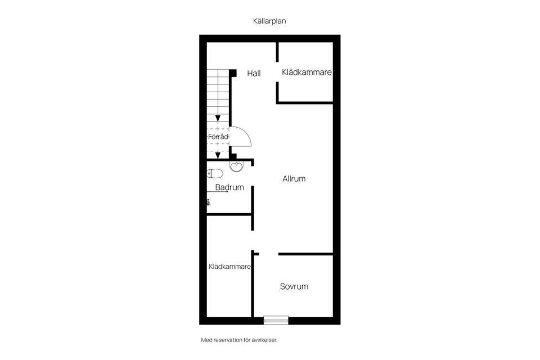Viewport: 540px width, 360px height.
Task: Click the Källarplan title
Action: [269, 21]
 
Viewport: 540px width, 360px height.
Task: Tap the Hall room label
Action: [254, 73]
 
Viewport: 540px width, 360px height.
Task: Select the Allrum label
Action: [294, 178]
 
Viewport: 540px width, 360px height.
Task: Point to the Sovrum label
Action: [294, 286]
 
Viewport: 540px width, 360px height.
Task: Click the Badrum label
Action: [229, 187]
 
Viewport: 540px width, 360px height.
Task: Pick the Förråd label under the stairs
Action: [218, 137]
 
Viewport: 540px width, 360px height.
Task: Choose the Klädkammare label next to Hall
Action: [307, 72]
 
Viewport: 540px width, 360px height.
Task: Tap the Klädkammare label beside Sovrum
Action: [229, 267]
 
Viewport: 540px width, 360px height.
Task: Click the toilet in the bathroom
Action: [215, 173]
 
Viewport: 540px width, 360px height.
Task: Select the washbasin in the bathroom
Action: [236, 166]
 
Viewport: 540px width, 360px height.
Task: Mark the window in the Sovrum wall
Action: [276, 321]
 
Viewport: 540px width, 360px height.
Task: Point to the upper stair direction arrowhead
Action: [218, 119]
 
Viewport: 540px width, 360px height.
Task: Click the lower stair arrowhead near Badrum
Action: [218, 155]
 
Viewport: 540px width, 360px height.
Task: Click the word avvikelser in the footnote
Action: [264, 340]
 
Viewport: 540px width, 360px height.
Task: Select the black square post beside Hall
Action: [233, 73]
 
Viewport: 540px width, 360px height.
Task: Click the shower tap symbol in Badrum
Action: [208, 202]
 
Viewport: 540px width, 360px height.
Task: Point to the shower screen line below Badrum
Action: [217, 192]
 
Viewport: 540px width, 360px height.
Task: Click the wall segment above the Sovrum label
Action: [305, 254]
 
